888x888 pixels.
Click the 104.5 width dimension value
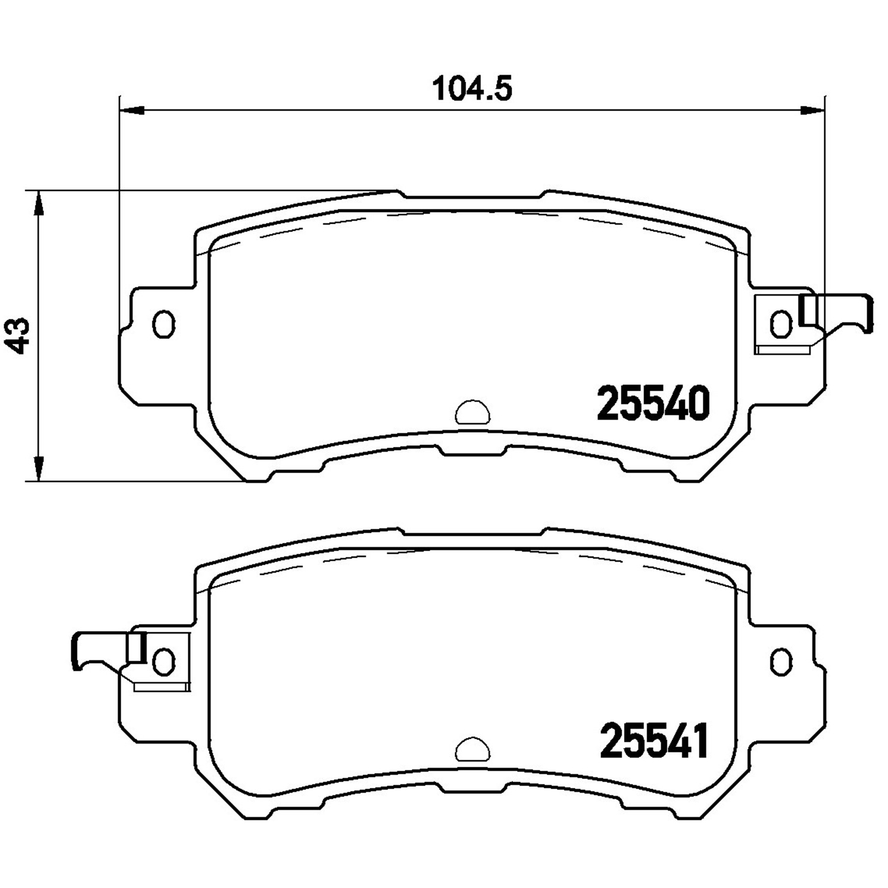(x=472, y=89)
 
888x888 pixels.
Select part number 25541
(x=654, y=742)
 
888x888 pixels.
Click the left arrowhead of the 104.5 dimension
(x=132, y=110)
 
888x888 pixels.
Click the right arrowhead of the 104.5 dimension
(x=812, y=110)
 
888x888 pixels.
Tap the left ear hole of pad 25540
(x=163, y=324)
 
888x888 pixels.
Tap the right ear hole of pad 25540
(x=781, y=324)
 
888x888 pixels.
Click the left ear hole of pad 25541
(x=163, y=661)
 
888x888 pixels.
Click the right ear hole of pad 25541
(x=781, y=661)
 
